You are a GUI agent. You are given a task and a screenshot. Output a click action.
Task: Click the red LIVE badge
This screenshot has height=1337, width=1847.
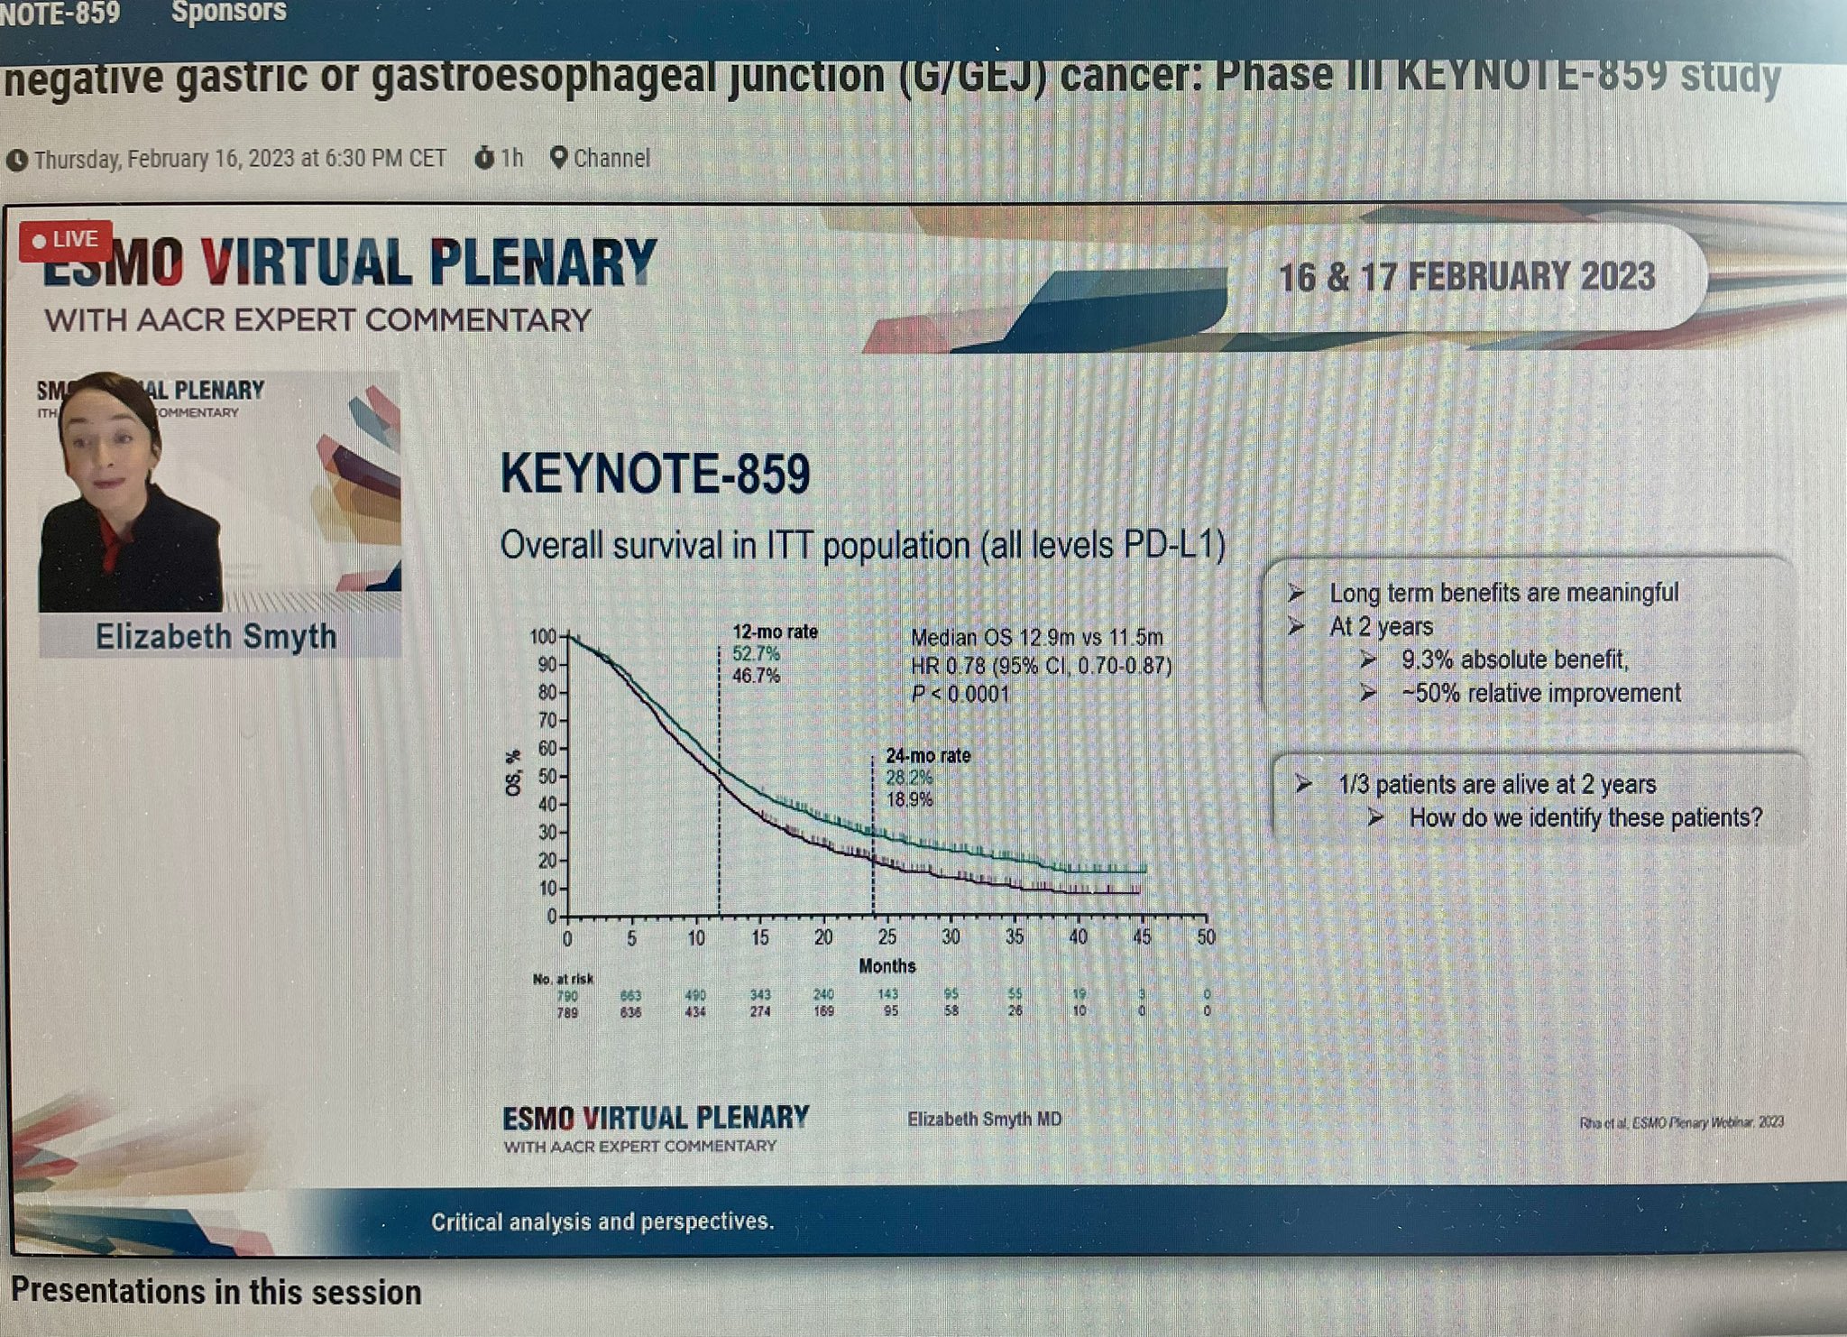tap(66, 240)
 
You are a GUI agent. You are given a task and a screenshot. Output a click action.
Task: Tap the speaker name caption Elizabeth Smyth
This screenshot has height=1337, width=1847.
tap(216, 637)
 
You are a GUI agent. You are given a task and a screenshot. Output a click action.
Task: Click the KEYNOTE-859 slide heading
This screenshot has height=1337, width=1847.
tap(655, 474)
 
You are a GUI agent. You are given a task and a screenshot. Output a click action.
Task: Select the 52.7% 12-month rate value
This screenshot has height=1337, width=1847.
tap(756, 653)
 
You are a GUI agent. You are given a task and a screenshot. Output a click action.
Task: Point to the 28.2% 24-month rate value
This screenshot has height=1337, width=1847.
tap(909, 778)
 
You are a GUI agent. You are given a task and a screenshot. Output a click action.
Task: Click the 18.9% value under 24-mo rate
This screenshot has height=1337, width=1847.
tap(909, 799)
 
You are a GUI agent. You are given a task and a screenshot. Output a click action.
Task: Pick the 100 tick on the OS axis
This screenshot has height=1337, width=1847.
tap(543, 637)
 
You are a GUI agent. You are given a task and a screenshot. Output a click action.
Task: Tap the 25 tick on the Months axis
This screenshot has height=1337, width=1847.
tap(887, 937)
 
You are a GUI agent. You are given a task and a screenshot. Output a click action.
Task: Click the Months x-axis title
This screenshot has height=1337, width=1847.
tap(887, 966)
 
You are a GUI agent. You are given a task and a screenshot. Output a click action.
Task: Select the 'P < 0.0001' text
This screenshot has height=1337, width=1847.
tap(960, 695)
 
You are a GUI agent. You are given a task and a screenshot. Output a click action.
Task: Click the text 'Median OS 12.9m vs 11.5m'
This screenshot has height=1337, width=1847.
tap(1036, 638)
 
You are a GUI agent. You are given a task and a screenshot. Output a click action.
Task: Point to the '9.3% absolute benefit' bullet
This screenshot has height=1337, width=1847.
tap(1514, 660)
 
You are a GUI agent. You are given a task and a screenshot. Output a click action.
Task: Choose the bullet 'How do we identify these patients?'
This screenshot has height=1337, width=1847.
tap(1585, 818)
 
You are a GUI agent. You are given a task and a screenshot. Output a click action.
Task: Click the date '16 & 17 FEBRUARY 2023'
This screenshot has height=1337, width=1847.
tap(1466, 277)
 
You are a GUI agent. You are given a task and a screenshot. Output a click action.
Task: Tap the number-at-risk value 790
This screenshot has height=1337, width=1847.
tap(567, 996)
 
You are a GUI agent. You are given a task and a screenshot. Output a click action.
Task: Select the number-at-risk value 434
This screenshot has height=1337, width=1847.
tap(694, 1012)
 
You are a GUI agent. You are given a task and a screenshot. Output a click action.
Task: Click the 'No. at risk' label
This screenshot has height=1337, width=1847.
tap(563, 979)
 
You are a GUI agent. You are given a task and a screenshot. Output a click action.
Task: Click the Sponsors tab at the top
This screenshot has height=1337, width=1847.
tap(228, 12)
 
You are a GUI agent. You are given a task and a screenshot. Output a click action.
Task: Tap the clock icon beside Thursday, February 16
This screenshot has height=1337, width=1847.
tap(16, 161)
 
